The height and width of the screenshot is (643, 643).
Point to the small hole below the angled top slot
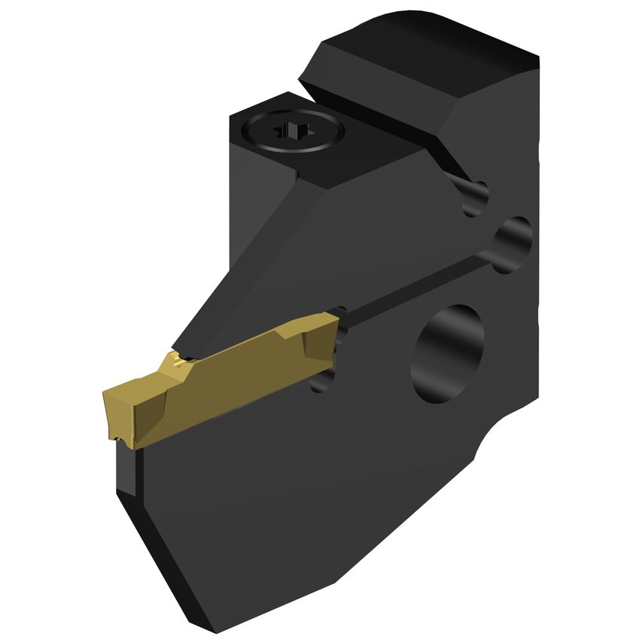(475, 198)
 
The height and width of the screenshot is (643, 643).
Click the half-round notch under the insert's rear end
(321, 376)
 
